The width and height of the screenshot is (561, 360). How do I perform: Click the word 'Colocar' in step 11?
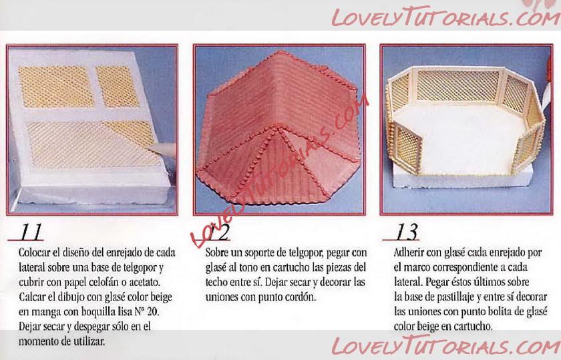34,252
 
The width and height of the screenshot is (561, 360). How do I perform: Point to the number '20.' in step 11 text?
152,312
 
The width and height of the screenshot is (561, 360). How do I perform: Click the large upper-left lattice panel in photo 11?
55,87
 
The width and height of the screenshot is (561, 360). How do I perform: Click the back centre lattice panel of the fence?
458,86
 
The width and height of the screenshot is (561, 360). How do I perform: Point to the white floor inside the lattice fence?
461,140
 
